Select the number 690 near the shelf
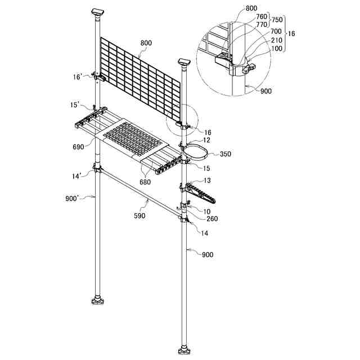coord(79,146)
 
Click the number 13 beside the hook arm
coord(208,181)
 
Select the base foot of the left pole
coord(99,303)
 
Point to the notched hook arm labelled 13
coord(201,192)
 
